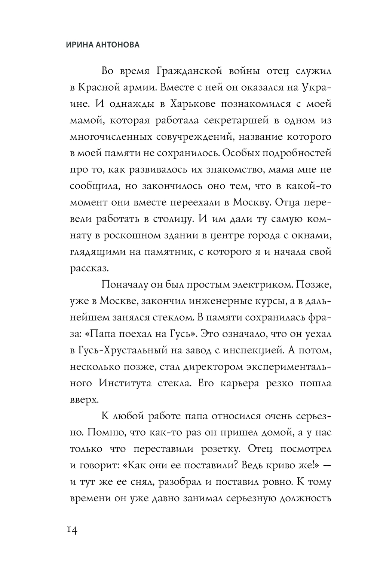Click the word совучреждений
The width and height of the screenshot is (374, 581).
click(x=194, y=137)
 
